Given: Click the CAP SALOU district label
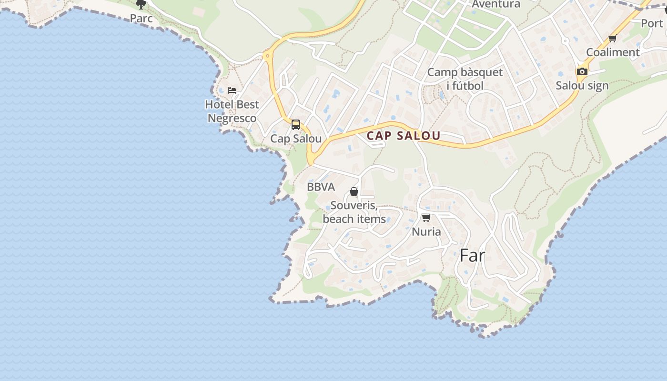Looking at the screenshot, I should [403, 136].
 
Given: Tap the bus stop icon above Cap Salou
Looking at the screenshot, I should [296, 125].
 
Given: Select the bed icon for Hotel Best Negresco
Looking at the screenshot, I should [232, 90].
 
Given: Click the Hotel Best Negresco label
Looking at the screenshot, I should [232, 111].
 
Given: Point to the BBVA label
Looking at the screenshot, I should [321, 187].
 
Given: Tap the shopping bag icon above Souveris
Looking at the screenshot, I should [354, 191].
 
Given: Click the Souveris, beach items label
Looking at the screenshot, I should [354, 212].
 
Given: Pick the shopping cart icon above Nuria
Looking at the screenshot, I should [426, 218].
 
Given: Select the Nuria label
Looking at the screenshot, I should [426, 232].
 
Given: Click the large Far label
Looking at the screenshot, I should [472, 256].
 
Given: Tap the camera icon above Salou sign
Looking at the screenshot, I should [582, 71].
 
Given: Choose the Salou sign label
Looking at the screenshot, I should [582, 86].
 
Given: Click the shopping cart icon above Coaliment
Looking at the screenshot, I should [613, 38].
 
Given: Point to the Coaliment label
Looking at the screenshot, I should [613, 52].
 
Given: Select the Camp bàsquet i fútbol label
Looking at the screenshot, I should [465, 79].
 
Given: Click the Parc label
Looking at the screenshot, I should [141, 19].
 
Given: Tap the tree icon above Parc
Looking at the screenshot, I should [141, 5].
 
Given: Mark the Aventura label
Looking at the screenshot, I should [496, 4].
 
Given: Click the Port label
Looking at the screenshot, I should [652, 23].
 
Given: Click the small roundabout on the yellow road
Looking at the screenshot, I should [267, 56].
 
